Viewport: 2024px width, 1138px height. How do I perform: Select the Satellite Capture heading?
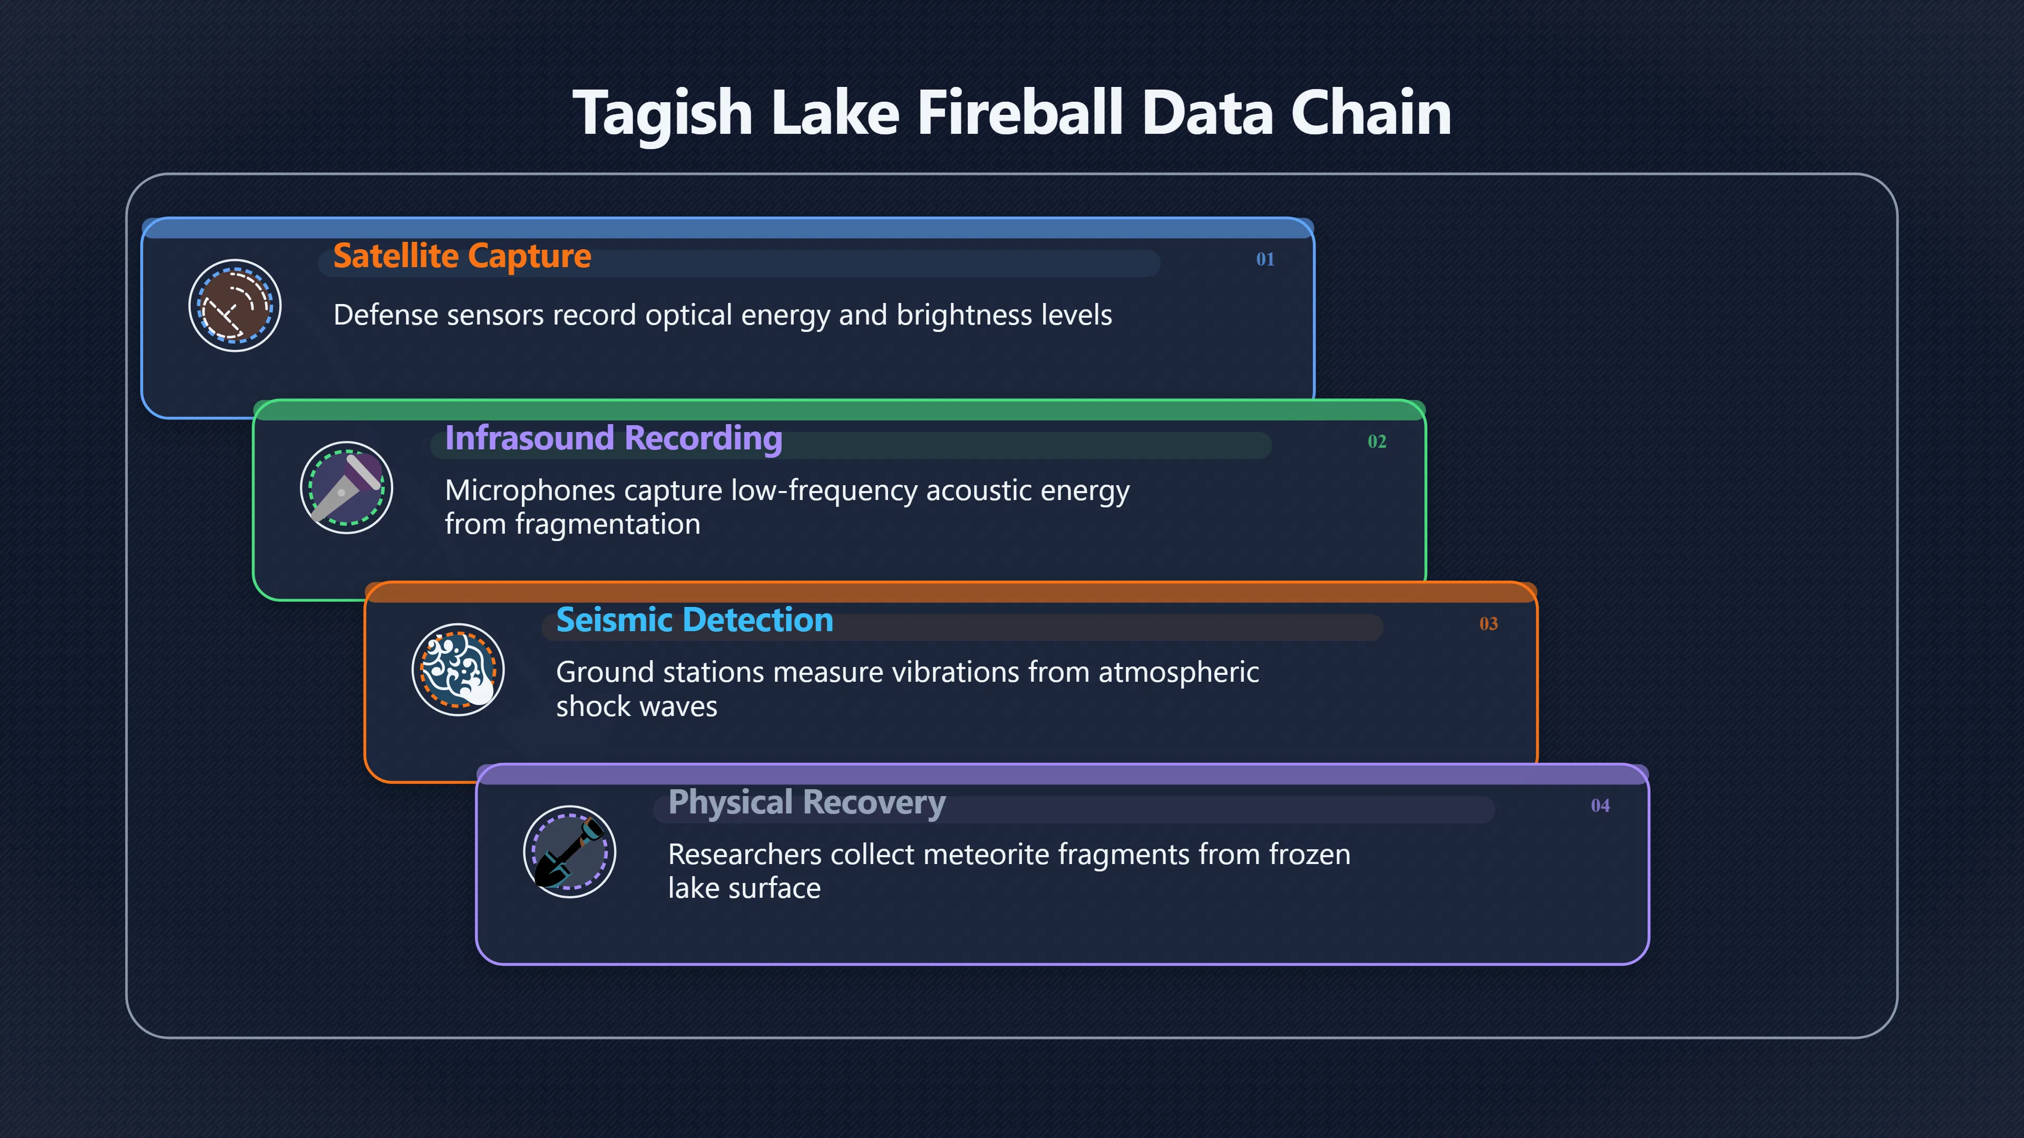462,256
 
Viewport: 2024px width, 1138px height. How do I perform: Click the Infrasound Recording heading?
614,438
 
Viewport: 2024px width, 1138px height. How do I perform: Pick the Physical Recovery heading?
807,802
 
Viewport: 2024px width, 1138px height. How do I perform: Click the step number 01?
1265,259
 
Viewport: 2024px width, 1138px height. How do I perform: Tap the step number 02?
1377,442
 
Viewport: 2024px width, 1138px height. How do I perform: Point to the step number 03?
1488,624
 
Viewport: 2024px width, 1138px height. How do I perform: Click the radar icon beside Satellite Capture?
235,306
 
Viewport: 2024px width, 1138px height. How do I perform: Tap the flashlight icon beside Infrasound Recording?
346,488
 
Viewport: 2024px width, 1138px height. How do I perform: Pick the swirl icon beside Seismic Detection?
458,670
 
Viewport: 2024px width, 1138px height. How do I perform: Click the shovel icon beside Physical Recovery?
570,852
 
